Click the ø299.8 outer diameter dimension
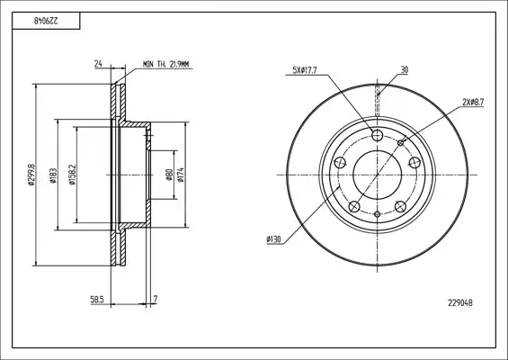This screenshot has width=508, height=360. tap(31, 175)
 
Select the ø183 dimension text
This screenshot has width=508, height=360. tap(54, 175)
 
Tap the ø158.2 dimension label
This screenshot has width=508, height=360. tap(72, 175)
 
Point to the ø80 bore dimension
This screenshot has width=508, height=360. tap(169, 175)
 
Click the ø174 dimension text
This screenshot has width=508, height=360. tap(181, 175)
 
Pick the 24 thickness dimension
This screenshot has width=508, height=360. tap(98, 64)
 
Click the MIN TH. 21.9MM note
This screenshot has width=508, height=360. tap(165, 65)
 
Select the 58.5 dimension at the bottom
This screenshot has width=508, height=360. tap(96, 300)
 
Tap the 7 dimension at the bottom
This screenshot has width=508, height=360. tap(156, 299)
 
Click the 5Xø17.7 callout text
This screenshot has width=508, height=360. tap(305, 70)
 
